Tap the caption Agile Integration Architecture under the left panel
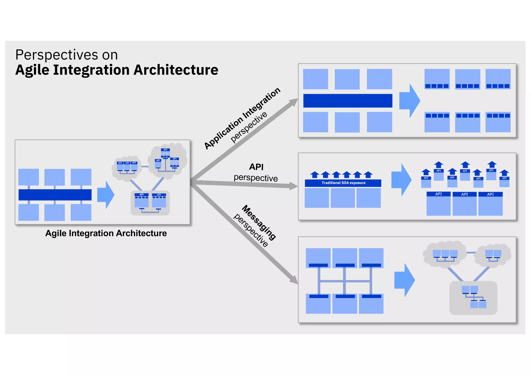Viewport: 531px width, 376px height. click(106, 233)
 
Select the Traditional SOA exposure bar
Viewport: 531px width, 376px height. click(343, 183)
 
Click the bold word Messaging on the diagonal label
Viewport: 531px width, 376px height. click(259, 222)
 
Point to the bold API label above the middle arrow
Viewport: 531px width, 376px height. click(256, 167)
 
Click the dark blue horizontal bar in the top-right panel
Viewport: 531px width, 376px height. click(347, 101)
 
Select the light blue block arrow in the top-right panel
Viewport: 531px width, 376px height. click(409, 101)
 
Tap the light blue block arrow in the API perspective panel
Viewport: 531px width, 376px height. click(401, 180)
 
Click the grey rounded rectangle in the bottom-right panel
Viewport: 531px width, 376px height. click(473, 298)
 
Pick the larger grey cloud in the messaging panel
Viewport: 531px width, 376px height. click(445, 254)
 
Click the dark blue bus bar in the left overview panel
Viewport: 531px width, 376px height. click(55, 195)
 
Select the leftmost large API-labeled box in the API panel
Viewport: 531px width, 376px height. click(438, 204)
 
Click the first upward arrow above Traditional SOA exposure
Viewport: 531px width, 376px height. click(315, 174)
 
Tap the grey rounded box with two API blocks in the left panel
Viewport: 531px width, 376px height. click(150, 203)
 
